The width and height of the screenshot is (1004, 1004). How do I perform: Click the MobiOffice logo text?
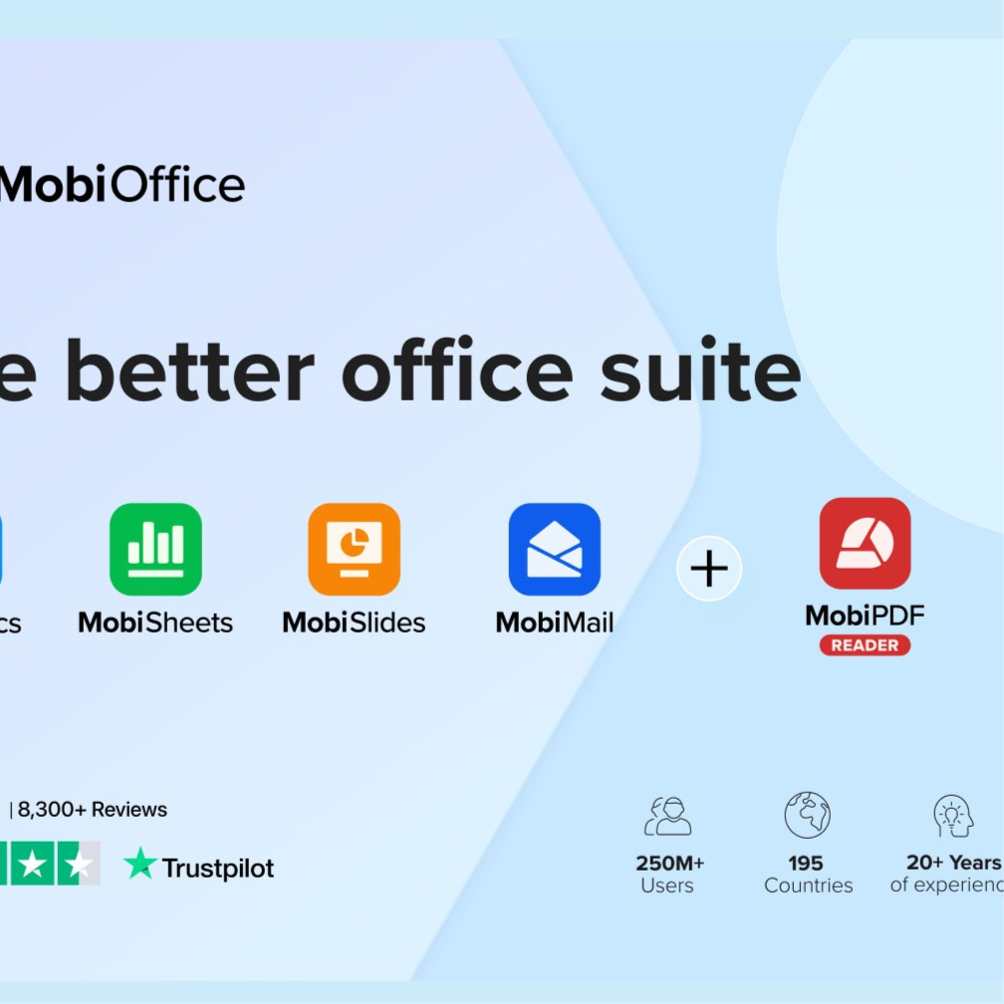122,184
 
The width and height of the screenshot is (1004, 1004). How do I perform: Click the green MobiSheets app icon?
155,550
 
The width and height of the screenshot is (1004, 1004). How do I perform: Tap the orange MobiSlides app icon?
354,550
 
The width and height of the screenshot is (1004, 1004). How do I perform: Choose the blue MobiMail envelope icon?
555,550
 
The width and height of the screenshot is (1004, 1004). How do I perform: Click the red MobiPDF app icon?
865,544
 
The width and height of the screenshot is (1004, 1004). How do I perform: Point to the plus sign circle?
709,569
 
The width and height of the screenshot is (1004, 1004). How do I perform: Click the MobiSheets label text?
155,624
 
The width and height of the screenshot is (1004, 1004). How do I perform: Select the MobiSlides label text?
354,624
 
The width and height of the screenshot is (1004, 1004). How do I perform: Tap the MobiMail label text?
555,624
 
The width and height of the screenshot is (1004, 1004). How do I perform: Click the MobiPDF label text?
865,616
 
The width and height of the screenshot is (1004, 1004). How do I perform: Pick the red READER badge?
865,645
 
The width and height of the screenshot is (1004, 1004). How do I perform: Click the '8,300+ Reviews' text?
93,810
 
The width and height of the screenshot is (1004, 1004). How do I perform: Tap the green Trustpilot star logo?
140,865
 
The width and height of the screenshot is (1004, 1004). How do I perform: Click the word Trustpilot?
218,869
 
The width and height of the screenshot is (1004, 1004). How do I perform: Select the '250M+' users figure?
669,863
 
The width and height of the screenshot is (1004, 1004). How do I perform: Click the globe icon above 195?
807,815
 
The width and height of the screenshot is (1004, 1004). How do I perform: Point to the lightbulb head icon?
952,815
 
